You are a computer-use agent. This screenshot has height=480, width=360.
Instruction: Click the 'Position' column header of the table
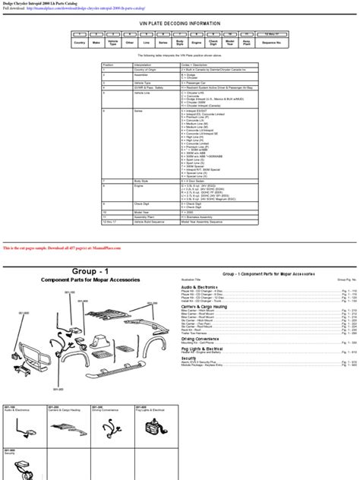click(109, 65)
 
